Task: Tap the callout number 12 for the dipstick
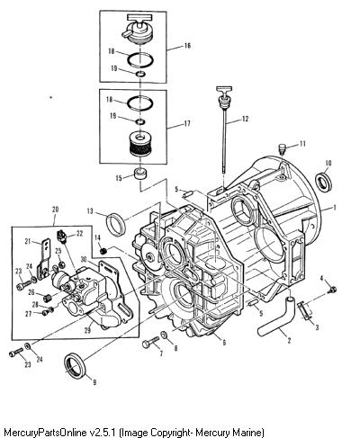pos(245,119)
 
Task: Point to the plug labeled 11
pos(283,148)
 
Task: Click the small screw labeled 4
pos(332,290)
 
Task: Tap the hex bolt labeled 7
pos(150,342)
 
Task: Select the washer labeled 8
pos(164,335)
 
